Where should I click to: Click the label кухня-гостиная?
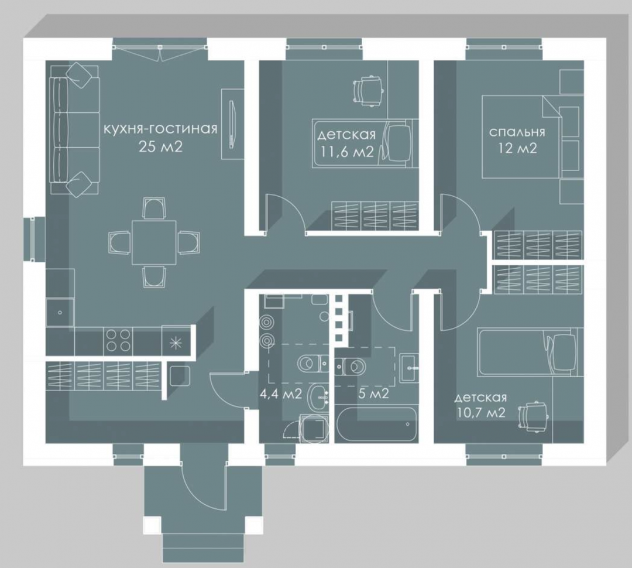point(160,129)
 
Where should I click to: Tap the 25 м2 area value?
point(160,146)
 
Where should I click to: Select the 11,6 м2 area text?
point(346,152)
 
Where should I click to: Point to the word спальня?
point(517,132)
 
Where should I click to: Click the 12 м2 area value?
point(517,149)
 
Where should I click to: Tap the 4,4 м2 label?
point(280,394)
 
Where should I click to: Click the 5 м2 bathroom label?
point(373,394)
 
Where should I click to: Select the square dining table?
point(154,242)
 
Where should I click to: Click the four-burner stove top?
point(118,340)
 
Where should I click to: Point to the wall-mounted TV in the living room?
point(232,124)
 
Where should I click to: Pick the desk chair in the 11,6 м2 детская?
point(367,91)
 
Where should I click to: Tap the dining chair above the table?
point(154,208)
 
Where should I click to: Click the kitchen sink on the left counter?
point(60,312)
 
